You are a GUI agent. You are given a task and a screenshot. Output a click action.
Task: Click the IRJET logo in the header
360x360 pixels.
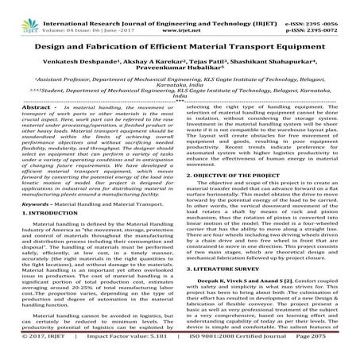coord(17,11)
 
